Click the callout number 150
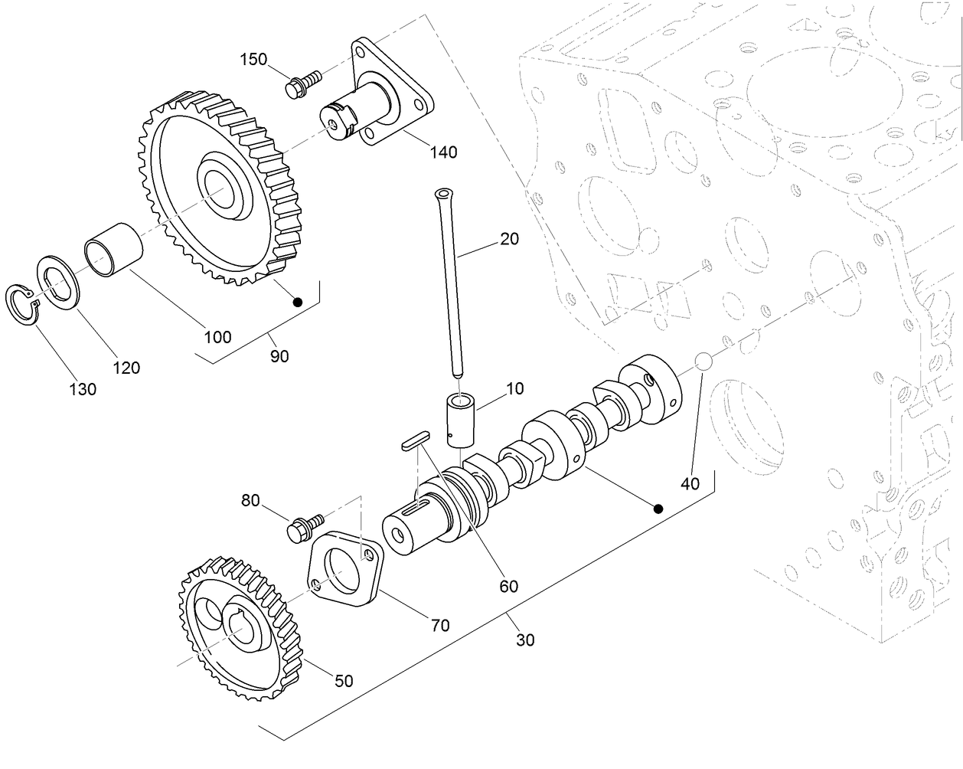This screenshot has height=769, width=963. coord(254,59)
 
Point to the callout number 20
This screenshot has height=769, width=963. coord(509,239)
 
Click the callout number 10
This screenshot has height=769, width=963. coord(514,388)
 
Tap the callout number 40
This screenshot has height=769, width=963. coord(690,483)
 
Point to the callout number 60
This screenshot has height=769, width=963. coord(508,587)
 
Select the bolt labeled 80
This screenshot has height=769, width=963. coord(302,528)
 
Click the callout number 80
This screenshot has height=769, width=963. coord(250,501)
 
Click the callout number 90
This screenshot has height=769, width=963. coord(279,355)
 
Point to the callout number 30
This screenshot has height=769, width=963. coord(525,640)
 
